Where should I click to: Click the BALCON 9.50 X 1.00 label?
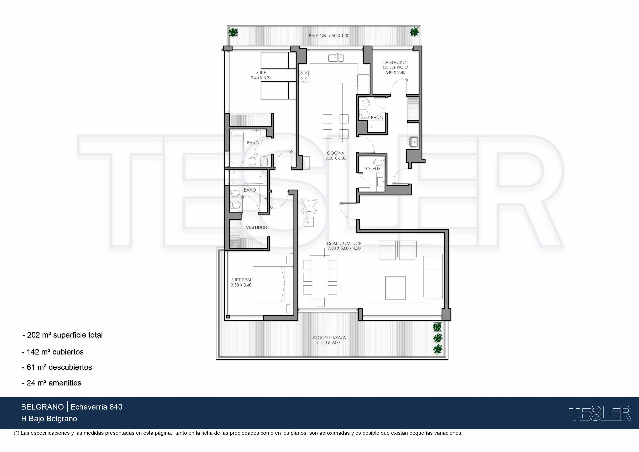[329, 36]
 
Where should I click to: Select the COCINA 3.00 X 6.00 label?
[336, 156]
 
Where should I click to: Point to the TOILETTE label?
[372, 169]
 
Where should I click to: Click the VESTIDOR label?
[256, 227]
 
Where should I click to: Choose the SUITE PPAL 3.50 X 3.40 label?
[241, 282]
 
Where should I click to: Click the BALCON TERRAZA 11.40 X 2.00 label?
[328, 340]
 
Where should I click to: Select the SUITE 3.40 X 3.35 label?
[261, 75]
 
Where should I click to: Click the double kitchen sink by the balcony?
[336, 58]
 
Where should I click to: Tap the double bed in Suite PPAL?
[273, 284]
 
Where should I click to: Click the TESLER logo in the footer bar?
[600, 413]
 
